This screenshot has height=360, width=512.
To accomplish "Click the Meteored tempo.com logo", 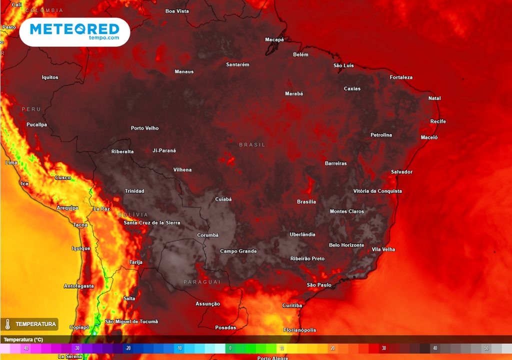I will pyautogui.click(x=74, y=32).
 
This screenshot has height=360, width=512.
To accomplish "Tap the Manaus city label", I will pyautogui.click(x=184, y=71).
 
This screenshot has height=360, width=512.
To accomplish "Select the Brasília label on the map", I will pyautogui.click(x=306, y=202).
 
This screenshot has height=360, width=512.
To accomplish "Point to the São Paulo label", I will pyautogui.click(x=319, y=285).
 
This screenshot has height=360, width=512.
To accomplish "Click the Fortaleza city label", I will pyautogui.click(x=401, y=77).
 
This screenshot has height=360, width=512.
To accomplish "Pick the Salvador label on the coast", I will pyautogui.click(x=401, y=172).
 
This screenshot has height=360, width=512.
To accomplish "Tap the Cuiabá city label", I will pyautogui.click(x=223, y=199).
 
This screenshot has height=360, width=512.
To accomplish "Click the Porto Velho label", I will pyautogui.click(x=144, y=128).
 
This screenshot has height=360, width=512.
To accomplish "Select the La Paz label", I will pyautogui.click(x=101, y=208).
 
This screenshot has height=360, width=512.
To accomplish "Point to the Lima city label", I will pyautogui.click(x=10, y=163).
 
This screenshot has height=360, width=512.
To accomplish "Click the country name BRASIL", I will pyautogui.click(x=252, y=145).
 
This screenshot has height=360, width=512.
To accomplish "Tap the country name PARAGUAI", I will pyautogui.click(x=202, y=282).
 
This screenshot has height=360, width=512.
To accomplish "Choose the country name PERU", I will pyautogui.click(x=31, y=109).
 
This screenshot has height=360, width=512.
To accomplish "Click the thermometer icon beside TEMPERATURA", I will pyautogui.click(x=7, y=324).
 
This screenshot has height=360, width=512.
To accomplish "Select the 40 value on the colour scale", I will pyautogui.click(x=435, y=348).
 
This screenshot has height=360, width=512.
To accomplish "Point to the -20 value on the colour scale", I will pyautogui.click(x=128, y=348).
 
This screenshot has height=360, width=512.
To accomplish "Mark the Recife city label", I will pyautogui.click(x=438, y=121).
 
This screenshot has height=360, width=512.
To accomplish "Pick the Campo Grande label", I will pyautogui.click(x=238, y=251).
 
